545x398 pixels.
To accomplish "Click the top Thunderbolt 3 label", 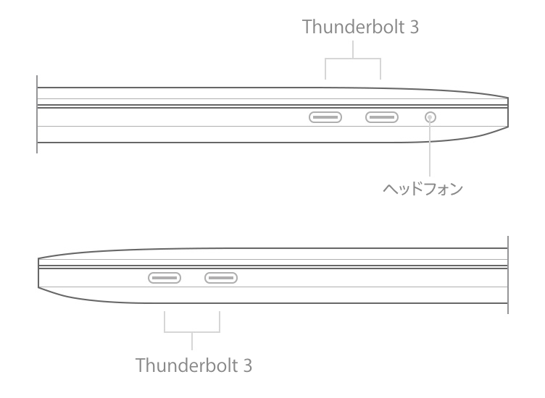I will (360, 27).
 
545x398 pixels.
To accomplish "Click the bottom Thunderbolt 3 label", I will (194, 363).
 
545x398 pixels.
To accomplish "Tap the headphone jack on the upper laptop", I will (431, 117).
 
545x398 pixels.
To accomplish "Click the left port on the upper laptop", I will (325, 117).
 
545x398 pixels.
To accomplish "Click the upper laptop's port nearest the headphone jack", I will (381, 117).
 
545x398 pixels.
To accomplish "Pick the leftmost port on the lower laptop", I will (165, 277).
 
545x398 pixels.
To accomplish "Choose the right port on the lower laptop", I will (221, 277).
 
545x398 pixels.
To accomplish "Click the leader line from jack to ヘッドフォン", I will (431, 152).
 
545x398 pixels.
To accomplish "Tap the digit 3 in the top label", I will (414, 27).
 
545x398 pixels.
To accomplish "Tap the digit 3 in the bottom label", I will (247, 363).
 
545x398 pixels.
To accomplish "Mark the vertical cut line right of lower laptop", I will (507, 275).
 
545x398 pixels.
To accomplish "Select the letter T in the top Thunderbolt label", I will (307, 27).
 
